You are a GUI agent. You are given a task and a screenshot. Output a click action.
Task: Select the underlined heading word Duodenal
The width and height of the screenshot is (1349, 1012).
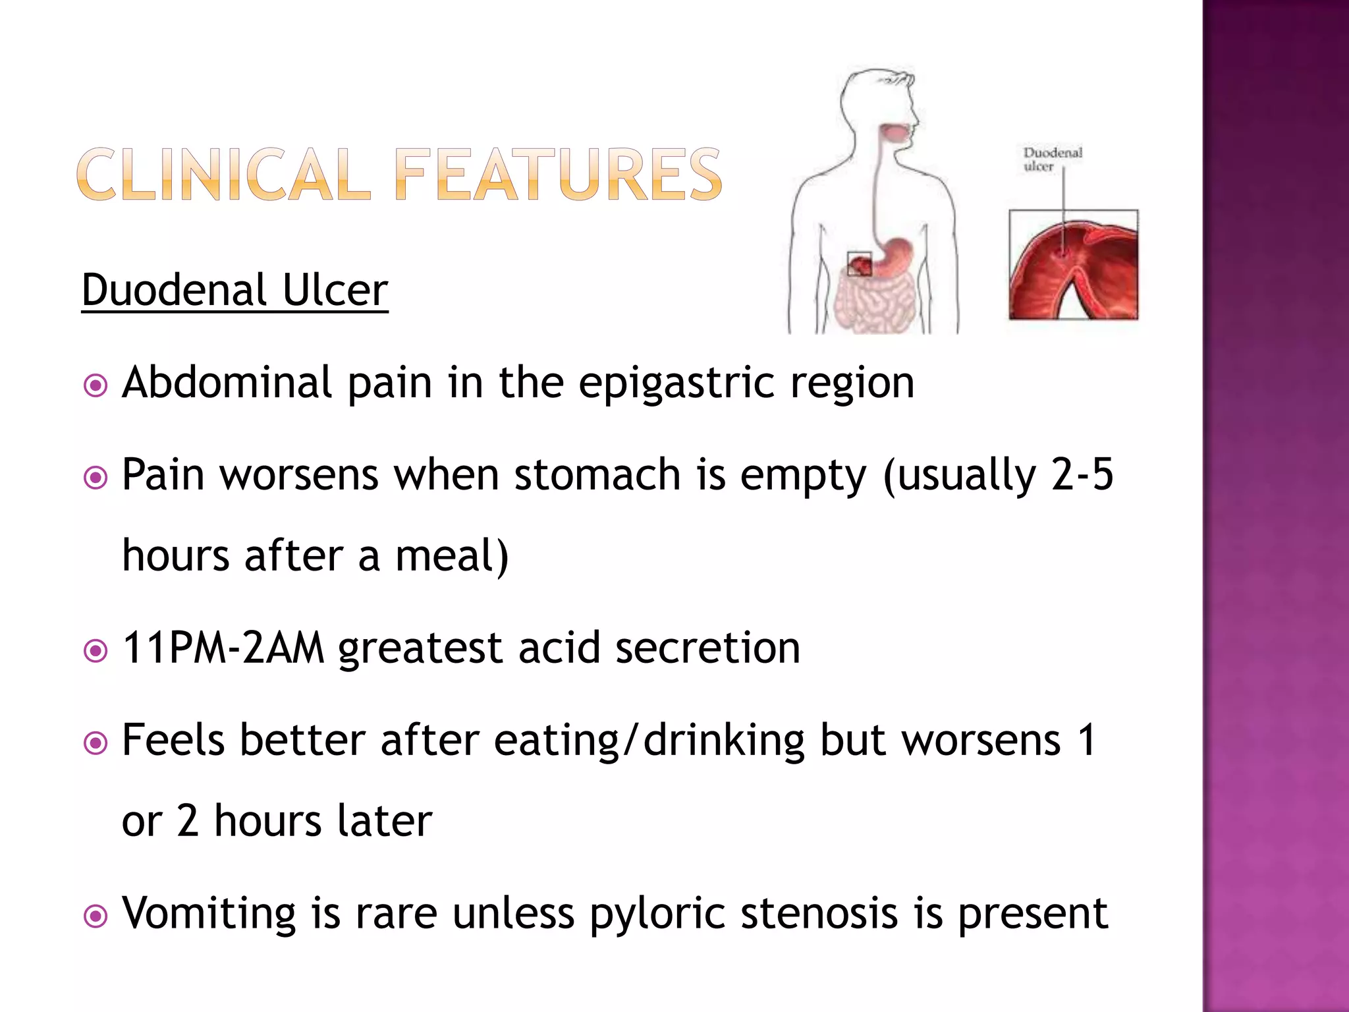174,290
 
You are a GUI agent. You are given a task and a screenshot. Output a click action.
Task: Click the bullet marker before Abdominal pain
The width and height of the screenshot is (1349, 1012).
96,385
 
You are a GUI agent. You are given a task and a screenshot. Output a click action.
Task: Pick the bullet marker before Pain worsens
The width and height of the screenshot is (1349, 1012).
96,477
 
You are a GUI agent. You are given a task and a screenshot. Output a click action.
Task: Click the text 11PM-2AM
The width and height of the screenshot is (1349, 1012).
223,648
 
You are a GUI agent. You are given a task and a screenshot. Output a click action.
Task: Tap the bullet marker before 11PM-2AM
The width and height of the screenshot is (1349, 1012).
96,652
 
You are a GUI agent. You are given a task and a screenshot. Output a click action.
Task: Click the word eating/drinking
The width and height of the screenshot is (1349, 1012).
649,740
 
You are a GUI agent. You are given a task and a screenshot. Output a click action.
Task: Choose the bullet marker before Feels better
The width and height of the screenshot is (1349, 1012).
96,744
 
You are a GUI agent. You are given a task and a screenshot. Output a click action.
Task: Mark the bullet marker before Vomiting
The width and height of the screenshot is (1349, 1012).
96,916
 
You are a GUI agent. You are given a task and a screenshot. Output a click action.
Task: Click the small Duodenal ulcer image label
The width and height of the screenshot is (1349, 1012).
1052,159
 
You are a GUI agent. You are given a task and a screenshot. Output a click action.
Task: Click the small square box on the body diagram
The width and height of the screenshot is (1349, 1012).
859,264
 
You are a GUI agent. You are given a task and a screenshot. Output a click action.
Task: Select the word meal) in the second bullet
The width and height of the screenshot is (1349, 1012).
452,555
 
